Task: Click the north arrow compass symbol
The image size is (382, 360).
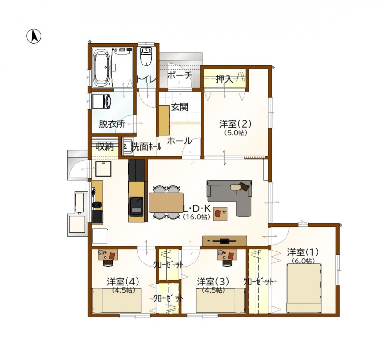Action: pyautogui.click(x=33, y=36)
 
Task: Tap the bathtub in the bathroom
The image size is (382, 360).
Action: pyautogui.click(x=102, y=67)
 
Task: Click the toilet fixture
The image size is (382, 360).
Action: pyautogui.click(x=146, y=57)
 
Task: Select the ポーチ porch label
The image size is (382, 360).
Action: pyautogui.click(x=180, y=75)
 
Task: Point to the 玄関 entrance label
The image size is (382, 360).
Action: pyautogui.click(x=180, y=107)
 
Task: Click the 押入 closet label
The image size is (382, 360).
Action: pyautogui.click(x=224, y=79)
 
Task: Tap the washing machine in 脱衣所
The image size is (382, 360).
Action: pyautogui.click(x=102, y=101)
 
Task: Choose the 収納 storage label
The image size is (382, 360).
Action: pyautogui.click(x=105, y=147)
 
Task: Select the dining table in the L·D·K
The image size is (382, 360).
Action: pyautogui.click(x=166, y=202)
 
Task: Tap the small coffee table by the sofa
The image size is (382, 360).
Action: pyautogui.click(x=220, y=214)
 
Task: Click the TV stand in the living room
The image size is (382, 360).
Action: pyautogui.click(x=224, y=241)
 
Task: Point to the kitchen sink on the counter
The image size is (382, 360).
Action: pyautogui.click(x=137, y=207)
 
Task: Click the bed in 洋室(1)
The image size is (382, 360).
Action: pyautogui.click(x=304, y=288)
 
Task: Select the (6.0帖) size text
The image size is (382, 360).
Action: pyautogui.click(x=303, y=261)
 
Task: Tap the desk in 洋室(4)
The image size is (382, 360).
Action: pyautogui.click(x=108, y=254)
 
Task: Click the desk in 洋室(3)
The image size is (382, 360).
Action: pyautogui.click(x=227, y=254)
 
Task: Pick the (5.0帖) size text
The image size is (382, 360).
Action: pyautogui.click(x=235, y=133)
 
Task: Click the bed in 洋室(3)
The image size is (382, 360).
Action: pyautogui.click(x=221, y=300)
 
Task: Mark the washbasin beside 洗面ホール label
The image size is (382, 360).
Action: pyautogui.click(x=127, y=146)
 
